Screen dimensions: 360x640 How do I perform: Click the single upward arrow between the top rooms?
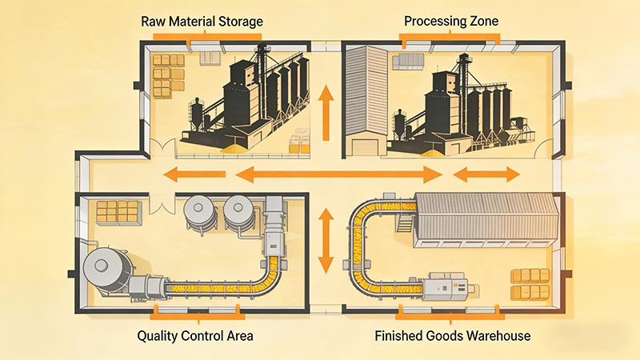tap(326, 114)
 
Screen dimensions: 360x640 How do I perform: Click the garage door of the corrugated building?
tap(365, 145)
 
